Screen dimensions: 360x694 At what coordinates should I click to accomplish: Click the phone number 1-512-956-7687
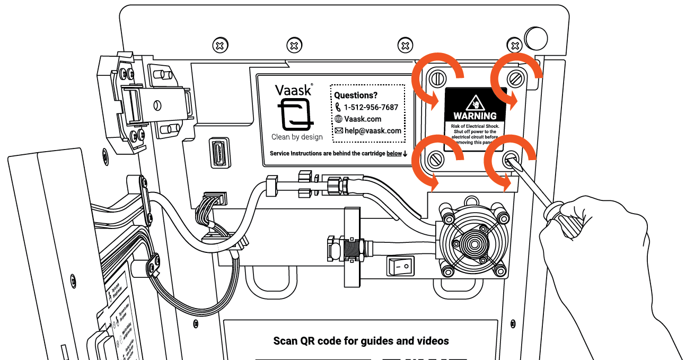(371, 107)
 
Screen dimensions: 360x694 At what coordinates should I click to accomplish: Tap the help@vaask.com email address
(373, 131)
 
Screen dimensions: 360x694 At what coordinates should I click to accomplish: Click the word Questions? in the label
(355, 95)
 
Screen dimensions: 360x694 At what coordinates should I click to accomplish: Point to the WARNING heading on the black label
(475, 116)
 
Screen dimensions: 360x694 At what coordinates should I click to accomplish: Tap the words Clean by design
(297, 137)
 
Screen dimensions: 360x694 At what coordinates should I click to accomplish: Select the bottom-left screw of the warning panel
(437, 157)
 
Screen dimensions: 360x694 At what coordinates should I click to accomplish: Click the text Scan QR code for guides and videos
(361, 341)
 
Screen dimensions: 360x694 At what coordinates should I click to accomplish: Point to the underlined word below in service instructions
(394, 154)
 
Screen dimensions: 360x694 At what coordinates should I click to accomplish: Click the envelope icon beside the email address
(338, 131)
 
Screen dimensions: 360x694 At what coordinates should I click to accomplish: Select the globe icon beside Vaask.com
(338, 119)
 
